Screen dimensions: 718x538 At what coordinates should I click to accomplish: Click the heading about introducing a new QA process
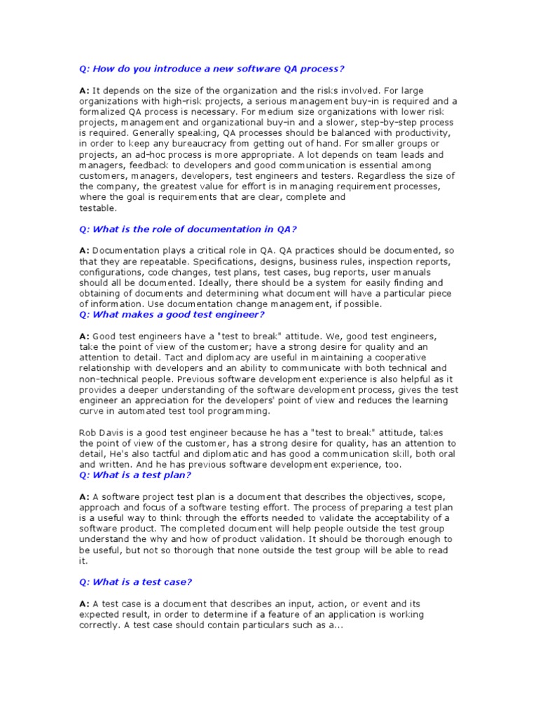point(212,69)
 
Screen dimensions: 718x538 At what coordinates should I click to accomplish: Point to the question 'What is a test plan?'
point(134,475)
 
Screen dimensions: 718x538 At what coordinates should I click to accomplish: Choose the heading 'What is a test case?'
point(136,582)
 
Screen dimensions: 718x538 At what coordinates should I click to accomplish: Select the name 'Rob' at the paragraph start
point(88,433)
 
